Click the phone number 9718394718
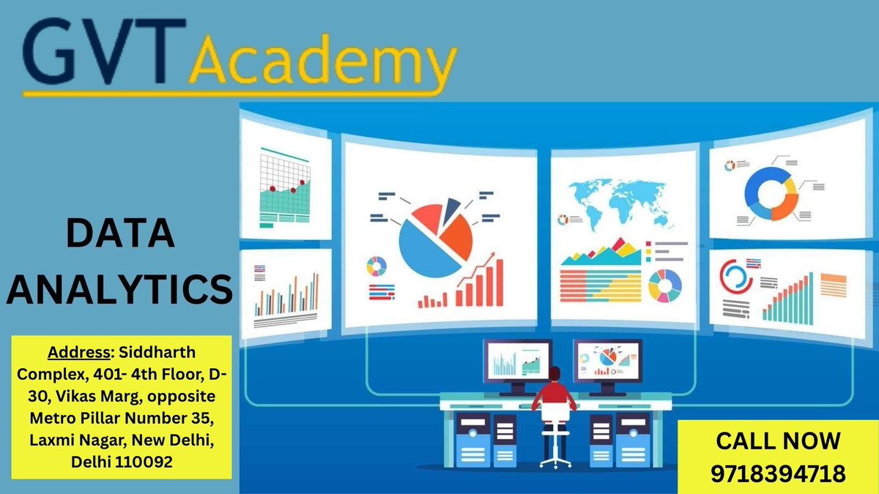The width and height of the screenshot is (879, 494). tap(778, 473)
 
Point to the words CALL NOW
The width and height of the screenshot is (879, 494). tap(778, 441)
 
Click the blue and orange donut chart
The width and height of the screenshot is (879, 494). tap(770, 193)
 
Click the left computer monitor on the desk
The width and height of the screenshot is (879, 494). tap(517, 362)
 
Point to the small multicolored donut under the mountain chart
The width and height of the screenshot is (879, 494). tap(664, 285)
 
